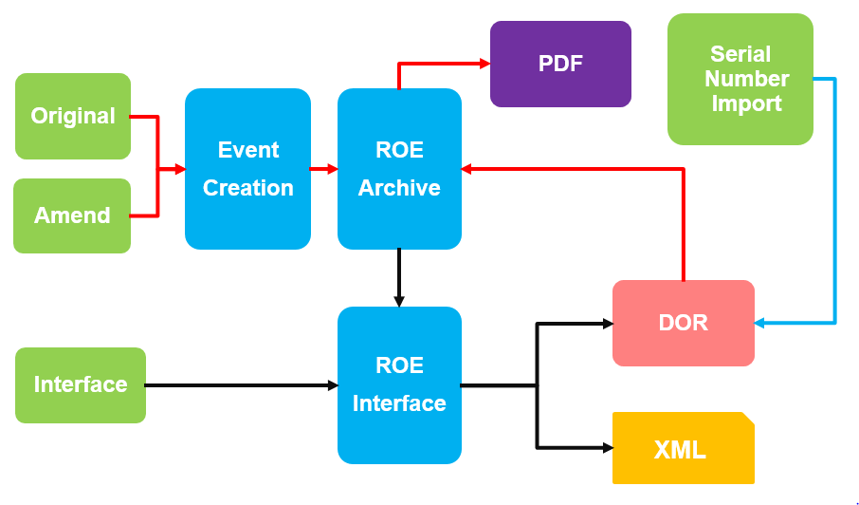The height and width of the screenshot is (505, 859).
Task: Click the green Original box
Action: (x=73, y=116)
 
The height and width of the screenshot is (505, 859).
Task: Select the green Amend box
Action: (x=72, y=215)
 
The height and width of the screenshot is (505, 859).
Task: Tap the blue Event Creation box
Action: (x=247, y=169)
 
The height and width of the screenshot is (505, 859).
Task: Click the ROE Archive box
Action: (x=399, y=169)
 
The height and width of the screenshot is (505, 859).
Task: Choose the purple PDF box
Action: (x=560, y=64)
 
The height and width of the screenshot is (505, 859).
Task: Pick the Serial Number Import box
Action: (x=740, y=79)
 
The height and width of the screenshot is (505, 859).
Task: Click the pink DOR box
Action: (x=683, y=323)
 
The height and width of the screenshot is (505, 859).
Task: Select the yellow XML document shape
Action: (x=683, y=448)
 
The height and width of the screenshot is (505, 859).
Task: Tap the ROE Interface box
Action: (x=399, y=384)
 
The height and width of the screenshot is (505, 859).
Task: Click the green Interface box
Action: (x=81, y=384)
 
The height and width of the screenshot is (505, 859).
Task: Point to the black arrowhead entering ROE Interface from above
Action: (x=399, y=301)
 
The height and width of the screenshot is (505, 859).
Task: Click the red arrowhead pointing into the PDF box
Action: (x=484, y=64)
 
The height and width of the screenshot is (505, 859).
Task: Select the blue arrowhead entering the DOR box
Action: (x=760, y=323)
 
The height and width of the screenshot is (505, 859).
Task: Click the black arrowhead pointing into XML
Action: (x=607, y=447)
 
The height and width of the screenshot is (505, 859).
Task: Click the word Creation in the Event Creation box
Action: (x=247, y=188)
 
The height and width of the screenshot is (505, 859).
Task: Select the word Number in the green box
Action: (x=747, y=79)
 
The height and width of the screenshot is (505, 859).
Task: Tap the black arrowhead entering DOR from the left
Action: (x=607, y=324)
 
